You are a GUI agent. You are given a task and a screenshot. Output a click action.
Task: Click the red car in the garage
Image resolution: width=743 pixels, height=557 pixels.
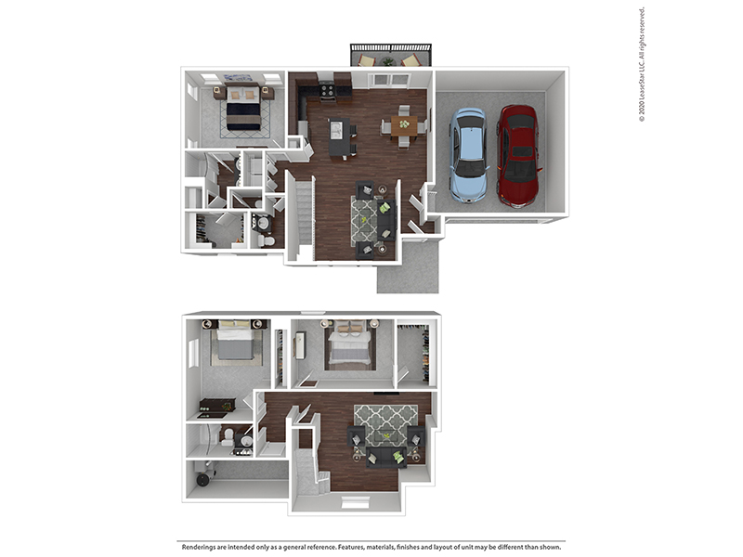coord(518,156)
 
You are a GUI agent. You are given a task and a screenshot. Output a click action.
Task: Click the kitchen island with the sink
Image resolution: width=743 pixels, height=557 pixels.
coord(340,138)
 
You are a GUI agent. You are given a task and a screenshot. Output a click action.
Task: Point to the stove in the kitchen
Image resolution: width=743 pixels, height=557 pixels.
coord(327,91)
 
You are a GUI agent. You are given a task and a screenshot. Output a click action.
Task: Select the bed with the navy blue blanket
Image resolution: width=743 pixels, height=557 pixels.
coord(244,112)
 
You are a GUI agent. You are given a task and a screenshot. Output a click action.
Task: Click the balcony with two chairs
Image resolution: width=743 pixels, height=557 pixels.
coord(391,56)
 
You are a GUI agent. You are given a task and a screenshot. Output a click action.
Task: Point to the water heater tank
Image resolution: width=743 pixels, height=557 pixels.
coord(202,478)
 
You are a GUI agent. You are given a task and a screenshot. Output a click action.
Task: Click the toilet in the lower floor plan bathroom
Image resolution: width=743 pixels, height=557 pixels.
coord(226,438)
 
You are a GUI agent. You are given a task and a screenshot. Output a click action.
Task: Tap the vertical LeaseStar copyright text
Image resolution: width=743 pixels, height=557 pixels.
coord(642,65)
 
